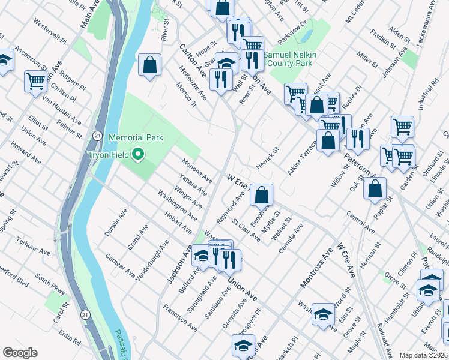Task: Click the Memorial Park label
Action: [136, 137]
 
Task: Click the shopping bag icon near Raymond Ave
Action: [262, 194]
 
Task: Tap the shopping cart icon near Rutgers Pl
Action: [36, 81]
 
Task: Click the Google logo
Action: [20, 352]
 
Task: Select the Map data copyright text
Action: [424, 355]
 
